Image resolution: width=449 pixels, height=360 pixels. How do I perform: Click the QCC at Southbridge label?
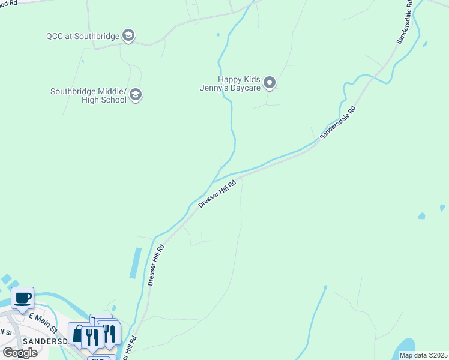click(83, 36)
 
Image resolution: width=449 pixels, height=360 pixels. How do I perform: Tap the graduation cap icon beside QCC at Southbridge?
click(128, 36)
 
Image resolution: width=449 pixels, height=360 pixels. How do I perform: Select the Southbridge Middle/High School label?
click(88, 95)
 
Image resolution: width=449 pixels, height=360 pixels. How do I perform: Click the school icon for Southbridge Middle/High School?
click(136, 95)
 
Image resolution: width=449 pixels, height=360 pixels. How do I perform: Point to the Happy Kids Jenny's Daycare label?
click(239, 83)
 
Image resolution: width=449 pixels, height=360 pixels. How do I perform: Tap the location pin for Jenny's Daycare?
click(270, 83)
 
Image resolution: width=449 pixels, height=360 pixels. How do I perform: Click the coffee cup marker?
click(23, 298)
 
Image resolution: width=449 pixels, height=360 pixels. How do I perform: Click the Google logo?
click(19, 353)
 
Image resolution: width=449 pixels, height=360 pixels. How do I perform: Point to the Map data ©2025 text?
click(423, 355)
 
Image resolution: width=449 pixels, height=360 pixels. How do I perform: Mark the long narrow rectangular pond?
click(136, 263)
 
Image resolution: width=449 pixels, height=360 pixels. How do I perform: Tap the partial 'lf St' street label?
click(5, 332)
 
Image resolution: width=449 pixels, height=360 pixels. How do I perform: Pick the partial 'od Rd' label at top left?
click(8, 3)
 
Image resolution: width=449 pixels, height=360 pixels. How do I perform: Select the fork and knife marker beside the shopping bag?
click(92, 337)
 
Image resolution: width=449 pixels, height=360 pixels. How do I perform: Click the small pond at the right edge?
click(442, 208)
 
